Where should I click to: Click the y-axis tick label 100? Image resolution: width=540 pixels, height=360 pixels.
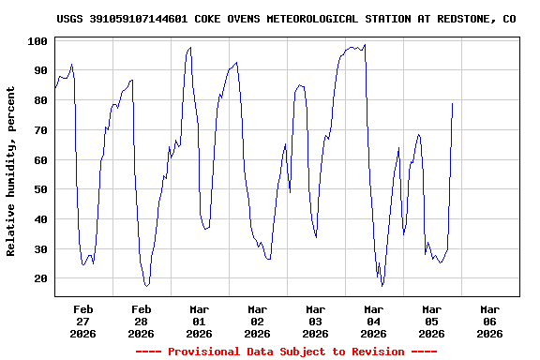(x=37, y=41)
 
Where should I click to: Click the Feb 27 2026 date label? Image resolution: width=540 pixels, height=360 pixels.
(x=83, y=321)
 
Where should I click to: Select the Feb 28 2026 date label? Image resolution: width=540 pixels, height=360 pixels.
(x=142, y=321)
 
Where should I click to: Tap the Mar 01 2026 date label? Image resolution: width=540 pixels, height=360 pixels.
(x=200, y=321)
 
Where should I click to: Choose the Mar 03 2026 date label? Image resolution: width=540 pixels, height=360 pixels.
(x=316, y=321)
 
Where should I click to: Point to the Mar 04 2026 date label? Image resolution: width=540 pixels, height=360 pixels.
(x=374, y=321)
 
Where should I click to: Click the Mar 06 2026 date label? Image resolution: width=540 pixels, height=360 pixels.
(x=489, y=321)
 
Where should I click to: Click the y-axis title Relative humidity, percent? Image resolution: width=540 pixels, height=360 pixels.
(x=11, y=171)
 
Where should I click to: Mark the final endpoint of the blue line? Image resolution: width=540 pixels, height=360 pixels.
(x=452, y=103)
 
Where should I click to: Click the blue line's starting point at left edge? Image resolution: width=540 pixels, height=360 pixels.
(x=55, y=88)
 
